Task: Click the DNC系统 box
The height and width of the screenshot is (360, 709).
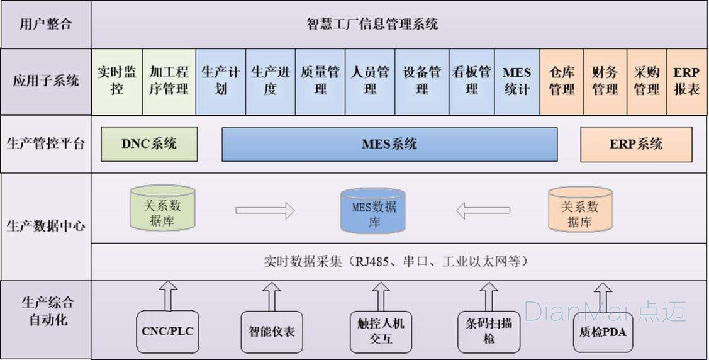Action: (149, 144)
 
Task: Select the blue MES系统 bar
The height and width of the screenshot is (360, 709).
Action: (389, 144)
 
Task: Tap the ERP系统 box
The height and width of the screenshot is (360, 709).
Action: (636, 144)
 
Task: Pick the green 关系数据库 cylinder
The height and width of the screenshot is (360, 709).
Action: (162, 208)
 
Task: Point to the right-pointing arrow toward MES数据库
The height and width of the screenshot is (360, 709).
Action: (265, 210)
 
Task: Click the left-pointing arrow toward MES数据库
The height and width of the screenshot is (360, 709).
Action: (483, 210)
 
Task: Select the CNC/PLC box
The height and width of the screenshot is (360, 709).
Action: (167, 330)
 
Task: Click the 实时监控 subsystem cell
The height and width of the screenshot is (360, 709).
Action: (117, 82)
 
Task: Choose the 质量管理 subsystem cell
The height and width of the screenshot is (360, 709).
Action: (320, 82)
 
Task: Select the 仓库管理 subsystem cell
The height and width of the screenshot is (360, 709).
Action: (562, 82)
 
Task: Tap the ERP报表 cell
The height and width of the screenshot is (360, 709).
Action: (686, 82)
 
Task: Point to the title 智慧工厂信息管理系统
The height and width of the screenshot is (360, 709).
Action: (372, 25)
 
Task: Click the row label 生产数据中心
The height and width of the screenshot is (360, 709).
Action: (46, 225)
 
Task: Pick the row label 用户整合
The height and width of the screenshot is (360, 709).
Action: (46, 25)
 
